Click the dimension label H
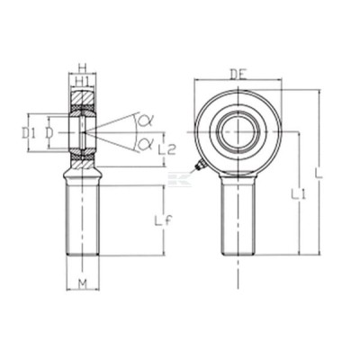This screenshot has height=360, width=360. click(83, 67)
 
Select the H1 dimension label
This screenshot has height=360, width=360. click(82, 80)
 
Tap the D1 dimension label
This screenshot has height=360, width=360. click(29, 132)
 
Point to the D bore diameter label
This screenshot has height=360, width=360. click(49, 132)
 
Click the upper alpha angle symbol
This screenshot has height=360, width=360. click(145, 121)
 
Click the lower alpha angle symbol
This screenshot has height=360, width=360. click(145, 143)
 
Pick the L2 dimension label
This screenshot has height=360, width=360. click(166, 149)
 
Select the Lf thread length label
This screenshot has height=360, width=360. click(164, 221)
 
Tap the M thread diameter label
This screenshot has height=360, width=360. click(83, 283)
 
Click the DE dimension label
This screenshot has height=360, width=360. click(238, 74)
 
